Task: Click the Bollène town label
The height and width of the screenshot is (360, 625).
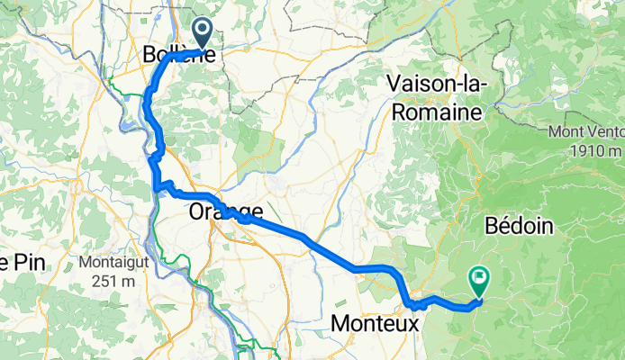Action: pos(178,55)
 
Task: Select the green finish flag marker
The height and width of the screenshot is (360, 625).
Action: pos(479,281)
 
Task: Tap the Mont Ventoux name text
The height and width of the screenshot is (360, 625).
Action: pos(586,132)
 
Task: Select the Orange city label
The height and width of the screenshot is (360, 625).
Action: pos(226,212)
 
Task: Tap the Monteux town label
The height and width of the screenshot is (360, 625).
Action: pos(376,321)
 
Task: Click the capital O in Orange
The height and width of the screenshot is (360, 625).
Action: pos(200,212)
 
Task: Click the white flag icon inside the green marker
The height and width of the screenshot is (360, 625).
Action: pos(479,278)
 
